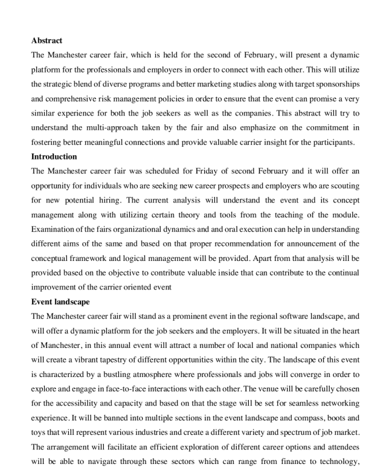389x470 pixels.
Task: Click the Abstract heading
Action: coord(47,40)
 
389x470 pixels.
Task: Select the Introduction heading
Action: coord(54,156)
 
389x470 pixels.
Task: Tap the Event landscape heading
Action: coord(60,301)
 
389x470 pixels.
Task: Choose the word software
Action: coord(285,316)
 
